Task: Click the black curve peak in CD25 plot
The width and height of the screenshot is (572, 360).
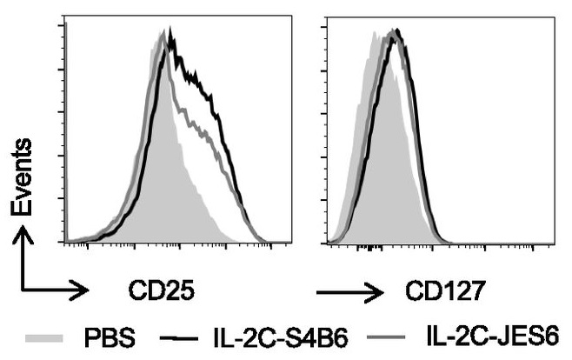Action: point(171,30)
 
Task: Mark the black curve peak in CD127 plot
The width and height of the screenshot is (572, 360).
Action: point(397,30)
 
